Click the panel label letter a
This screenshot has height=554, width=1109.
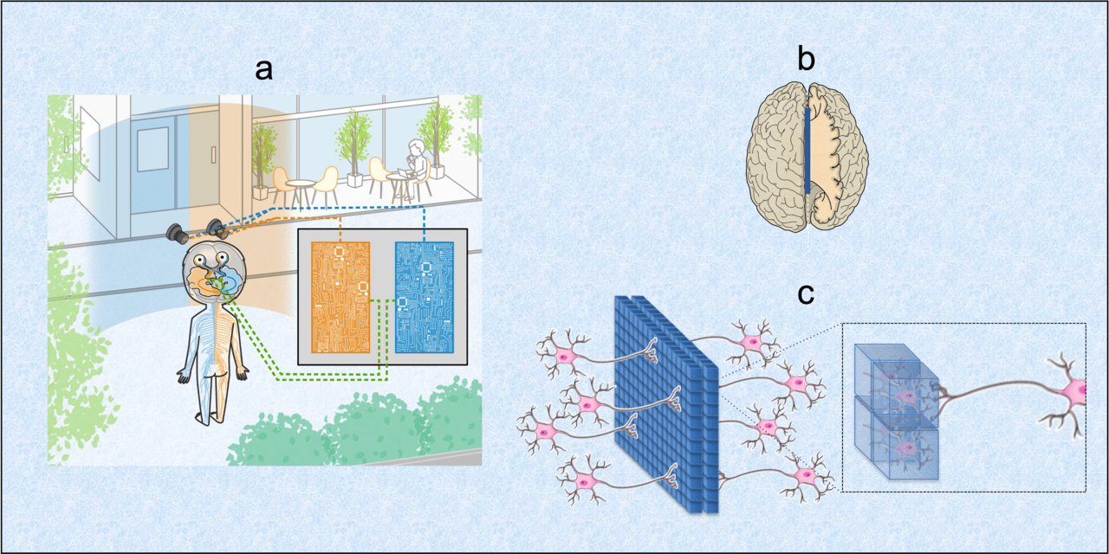tap(263, 69)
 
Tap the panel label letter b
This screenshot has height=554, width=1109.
tap(806, 60)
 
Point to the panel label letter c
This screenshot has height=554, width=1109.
tap(806, 294)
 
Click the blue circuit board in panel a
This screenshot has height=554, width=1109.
tap(424, 296)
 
